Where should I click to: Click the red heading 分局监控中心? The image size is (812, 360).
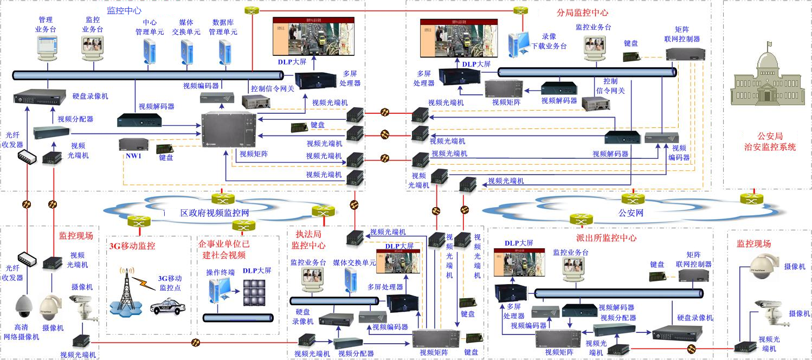coord(582,12)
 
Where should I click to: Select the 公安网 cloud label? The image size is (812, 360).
coord(631,213)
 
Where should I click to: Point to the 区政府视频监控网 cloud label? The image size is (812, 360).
coord(215,211)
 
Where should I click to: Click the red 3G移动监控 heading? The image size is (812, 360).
coord(132,246)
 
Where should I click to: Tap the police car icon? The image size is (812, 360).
coord(166,307)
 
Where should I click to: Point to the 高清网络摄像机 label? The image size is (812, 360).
coord(22,332)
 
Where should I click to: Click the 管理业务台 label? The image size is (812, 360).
coord(46,24)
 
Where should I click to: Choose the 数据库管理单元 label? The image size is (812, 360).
coord(223,27)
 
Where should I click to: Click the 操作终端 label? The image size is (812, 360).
coord(221,272)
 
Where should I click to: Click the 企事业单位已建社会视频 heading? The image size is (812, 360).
coord(224,249)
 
